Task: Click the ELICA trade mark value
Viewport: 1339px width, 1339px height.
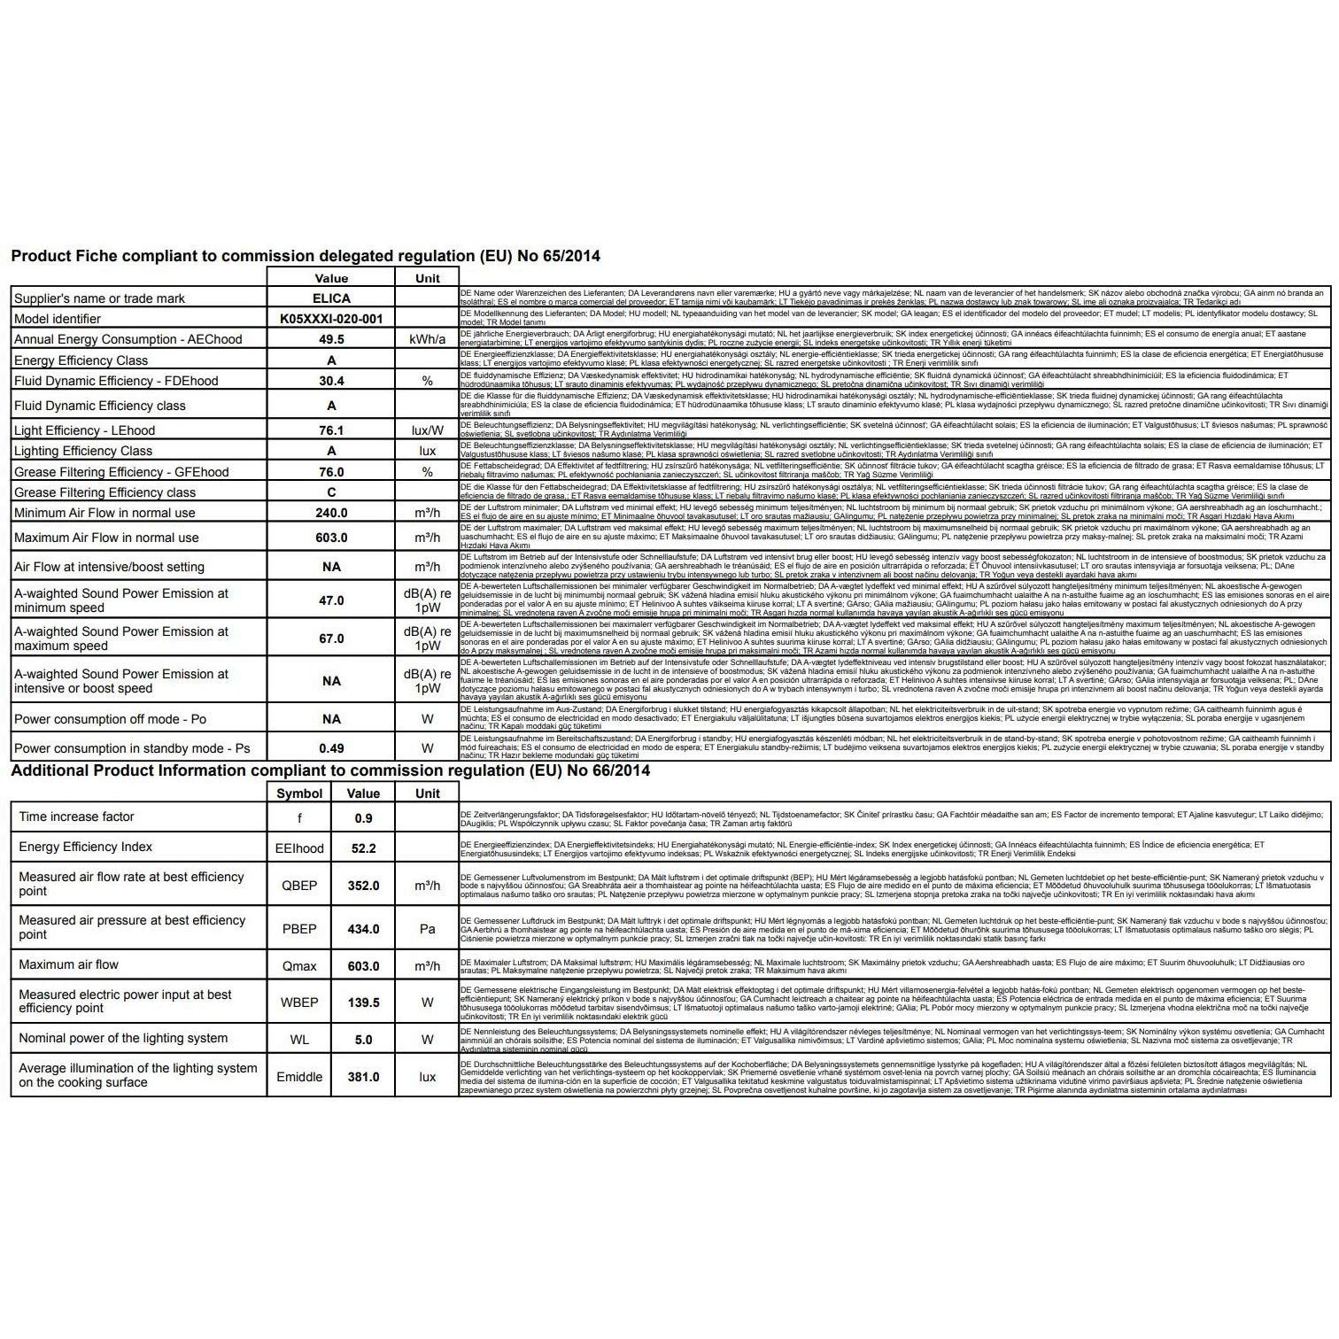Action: pyautogui.click(x=331, y=298)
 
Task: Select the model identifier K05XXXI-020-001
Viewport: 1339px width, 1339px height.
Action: pyautogui.click(x=331, y=319)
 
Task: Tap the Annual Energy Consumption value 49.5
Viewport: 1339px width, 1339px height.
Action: pyautogui.click(x=331, y=339)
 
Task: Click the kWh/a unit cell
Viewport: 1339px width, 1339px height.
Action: pyautogui.click(x=427, y=339)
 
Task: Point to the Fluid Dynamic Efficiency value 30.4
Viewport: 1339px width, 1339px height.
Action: pyautogui.click(x=331, y=381)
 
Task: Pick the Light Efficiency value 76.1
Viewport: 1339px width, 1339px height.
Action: pyautogui.click(x=331, y=430)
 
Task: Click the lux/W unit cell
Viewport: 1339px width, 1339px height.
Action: pyautogui.click(x=427, y=430)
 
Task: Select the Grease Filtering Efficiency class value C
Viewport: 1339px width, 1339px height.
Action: pyautogui.click(x=331, y=492)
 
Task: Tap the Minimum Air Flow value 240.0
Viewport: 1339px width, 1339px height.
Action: pyautogui.click(x=331, y=513)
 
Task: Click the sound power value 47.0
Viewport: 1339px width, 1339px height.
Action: pyautogui.click(x=331, y=600)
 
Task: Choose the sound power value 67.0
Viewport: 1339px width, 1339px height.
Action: pyautogui.click(x=331, y=639)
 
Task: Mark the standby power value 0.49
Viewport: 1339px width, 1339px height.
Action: pyautogui.click(x=331, y=748)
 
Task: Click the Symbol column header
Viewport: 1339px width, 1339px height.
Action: pyautogui.click(x=299, y=793)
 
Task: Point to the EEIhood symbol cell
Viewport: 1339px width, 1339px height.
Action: pyautogui.click(x=299, y=848)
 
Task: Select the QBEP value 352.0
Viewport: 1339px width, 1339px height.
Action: pyautogui.click(x=363, y=886)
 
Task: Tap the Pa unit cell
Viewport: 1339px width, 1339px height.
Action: pyautogui.click(x=427, y=929)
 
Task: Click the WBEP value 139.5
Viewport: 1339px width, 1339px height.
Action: pyautogui.click(x=363, y=1002)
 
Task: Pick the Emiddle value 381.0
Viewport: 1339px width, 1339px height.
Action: pyautogui.click(x=363, y=1077)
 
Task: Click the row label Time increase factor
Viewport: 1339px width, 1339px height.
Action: pyautogui.click(x=76, y=817)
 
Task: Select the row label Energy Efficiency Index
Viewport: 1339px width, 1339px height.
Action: pyautogui.click(x=85, y=847)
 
